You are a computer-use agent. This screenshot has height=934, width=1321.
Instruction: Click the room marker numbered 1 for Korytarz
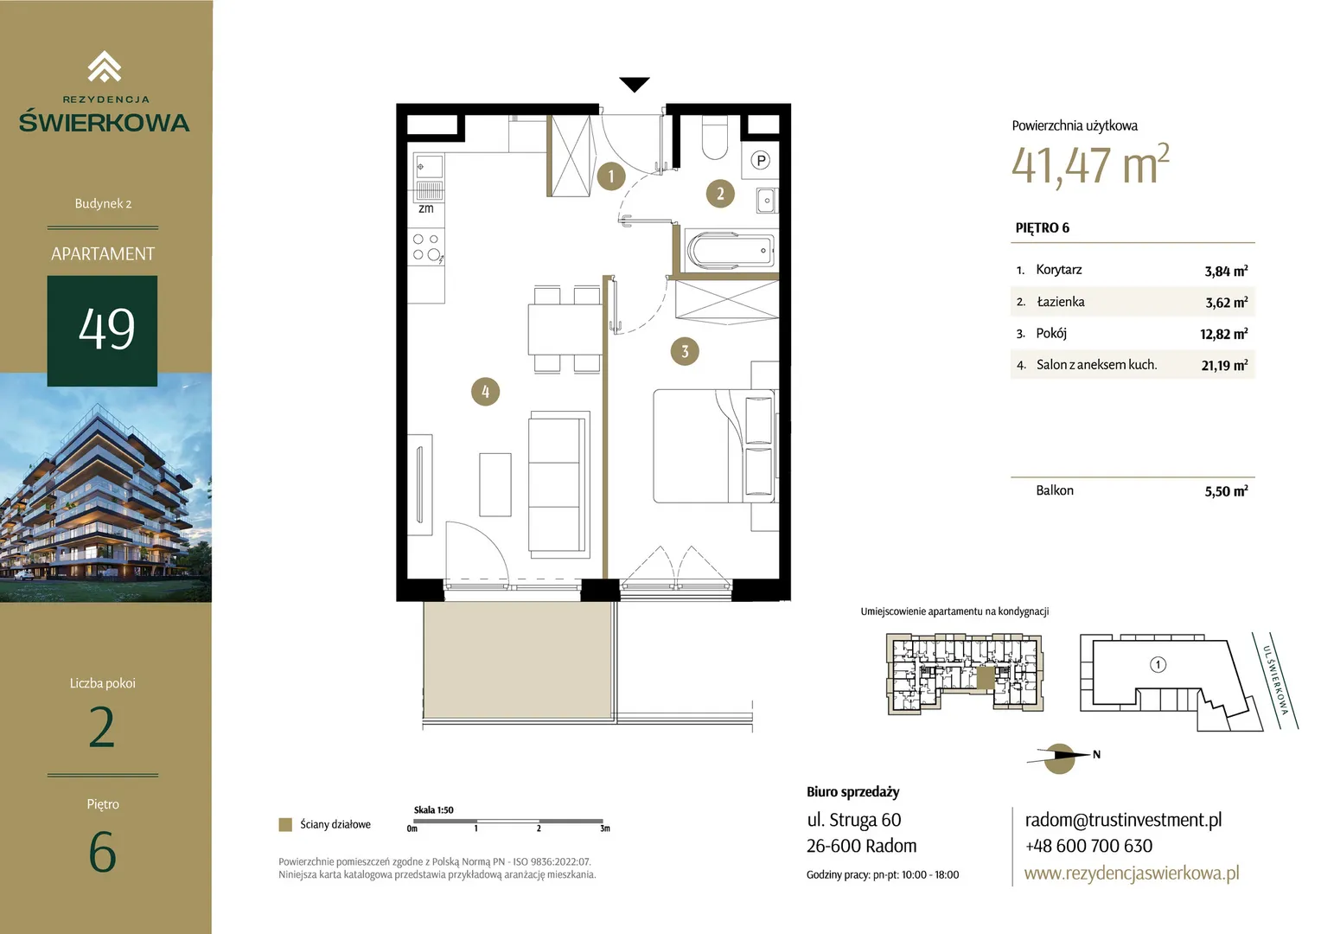pyautogui.click(x=611, y=176)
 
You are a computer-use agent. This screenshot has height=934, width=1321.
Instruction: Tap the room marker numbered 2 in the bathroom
pyautogui.click(x=720, y=194)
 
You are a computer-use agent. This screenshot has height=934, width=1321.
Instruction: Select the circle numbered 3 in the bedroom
pyautogui.click(x=685, y=352)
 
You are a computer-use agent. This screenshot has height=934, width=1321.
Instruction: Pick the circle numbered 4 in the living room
pyautogui.click(x=485, y=391)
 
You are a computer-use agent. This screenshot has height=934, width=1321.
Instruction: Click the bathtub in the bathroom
pyautogui.click(x=731, y=250)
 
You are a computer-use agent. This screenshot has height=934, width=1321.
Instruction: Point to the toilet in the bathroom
pyautogui.click(x=715, y=137)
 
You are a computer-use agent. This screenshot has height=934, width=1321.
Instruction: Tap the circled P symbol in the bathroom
pyautogui.click(x=761, y=160)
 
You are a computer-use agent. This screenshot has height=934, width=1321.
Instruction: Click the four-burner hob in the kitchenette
pyautogui.click(x=427, y=247)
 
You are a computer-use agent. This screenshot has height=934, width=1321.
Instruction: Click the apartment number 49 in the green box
pyautogui.click(x=106, y=329)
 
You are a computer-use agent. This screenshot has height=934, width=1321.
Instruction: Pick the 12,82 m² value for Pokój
pyautogui.click(x=1223, y=334)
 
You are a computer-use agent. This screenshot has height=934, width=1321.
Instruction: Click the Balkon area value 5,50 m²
pyautogui.click(x=1226, y=491)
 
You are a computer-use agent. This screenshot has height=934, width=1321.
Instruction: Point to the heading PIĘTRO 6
pyautogui.click(x=1042, y=228)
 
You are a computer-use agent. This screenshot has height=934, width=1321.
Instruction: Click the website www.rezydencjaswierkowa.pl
pyautogui.click(x=1132, y=873)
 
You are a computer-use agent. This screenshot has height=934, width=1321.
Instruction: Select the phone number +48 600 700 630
pyautogui.click(x=1088, y=846)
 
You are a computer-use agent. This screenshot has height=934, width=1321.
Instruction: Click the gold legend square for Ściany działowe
pyautogui.click(x=285, y=824)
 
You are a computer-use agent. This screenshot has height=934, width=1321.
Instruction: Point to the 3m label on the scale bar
pyautogui.click(x=605, y=828)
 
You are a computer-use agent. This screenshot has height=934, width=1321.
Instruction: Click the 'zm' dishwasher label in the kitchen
pyautogui.click(x=426, y=208)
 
